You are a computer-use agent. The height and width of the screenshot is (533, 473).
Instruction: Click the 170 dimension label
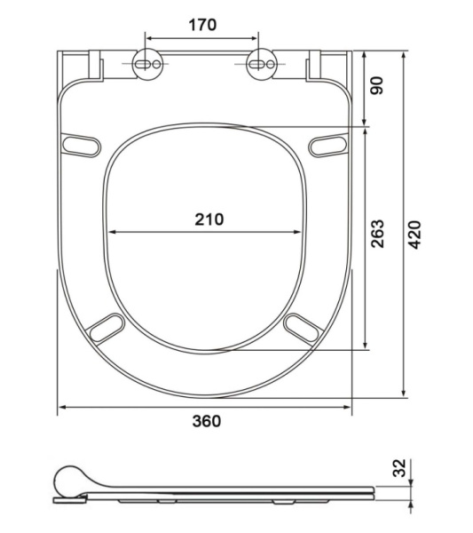202,25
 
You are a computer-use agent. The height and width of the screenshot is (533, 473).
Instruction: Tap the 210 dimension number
209,219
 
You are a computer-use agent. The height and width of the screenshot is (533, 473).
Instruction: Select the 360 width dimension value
207,421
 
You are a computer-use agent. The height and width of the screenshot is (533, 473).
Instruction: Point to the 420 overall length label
414,235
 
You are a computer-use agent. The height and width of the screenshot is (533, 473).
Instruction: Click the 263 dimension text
377,234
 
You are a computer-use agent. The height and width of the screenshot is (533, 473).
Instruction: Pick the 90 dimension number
376,85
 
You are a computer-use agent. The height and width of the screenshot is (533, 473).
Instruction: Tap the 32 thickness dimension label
399,468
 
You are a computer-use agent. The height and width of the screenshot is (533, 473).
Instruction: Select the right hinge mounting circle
261,64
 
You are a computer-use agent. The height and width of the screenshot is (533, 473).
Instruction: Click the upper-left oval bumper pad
81,146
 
